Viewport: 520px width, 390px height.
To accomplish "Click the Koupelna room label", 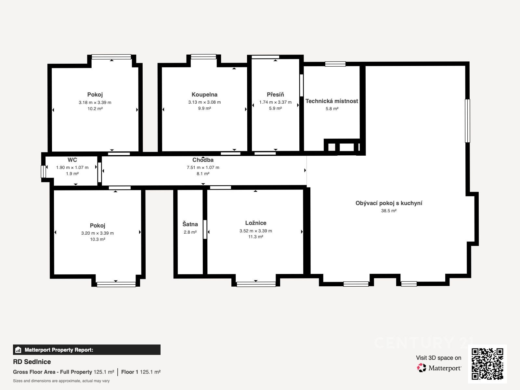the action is (x=204, y=95).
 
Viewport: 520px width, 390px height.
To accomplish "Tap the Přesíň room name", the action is (x=275, y=95).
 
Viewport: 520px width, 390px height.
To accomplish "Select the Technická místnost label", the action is (x=332, y=101).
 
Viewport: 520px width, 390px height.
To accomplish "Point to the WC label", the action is (x=72, y=160).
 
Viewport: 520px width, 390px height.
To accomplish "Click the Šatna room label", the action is (x=190, y=224).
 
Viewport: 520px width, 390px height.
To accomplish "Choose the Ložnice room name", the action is (x=256, y=223).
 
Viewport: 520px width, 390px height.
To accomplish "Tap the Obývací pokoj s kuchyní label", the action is (x=389, y=203).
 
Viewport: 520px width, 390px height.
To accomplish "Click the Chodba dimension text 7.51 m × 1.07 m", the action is (x=203, y=168).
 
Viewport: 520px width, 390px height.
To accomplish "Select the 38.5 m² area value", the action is (x=389, y=211).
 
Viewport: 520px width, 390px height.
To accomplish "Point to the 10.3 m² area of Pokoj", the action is (x=97, y=240).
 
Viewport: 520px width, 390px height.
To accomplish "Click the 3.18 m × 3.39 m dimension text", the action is (x=95, y=102).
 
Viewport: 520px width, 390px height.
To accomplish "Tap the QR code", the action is (x=487, y=364).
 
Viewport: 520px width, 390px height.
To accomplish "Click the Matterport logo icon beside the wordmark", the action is (x=422, y=368).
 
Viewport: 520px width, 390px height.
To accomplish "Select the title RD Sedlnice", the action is (x=32, y=362).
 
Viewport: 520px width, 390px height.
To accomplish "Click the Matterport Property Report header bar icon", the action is (x=18, y=350).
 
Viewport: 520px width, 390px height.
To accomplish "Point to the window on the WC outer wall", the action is (x=43, y=172).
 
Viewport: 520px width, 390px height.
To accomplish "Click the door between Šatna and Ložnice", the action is (x=205, y=229).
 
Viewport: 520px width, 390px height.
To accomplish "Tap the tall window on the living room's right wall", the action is (x=467, y=121).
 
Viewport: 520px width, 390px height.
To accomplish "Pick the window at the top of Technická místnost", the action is (x=335, y=64).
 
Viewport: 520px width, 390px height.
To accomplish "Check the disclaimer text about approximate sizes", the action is (x=61, y=381).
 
